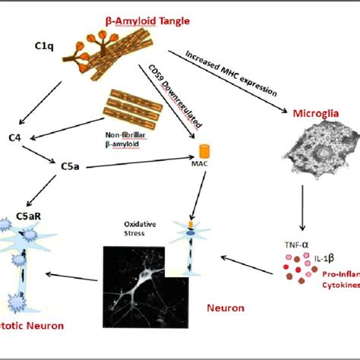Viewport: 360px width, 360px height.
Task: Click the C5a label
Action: click(x=72, y=163)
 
